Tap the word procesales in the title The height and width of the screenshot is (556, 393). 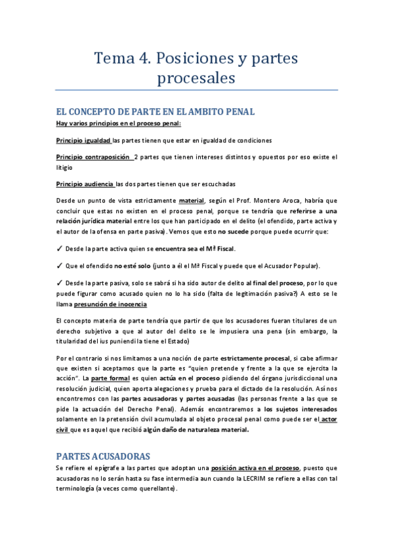tap(196, 79)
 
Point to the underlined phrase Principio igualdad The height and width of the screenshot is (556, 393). tap(83, 140)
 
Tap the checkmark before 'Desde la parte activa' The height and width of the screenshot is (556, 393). tap(59, 249)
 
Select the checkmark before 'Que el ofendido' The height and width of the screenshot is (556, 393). tap(59, 266)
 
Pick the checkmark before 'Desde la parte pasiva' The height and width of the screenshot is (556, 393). tap(59, 283)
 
